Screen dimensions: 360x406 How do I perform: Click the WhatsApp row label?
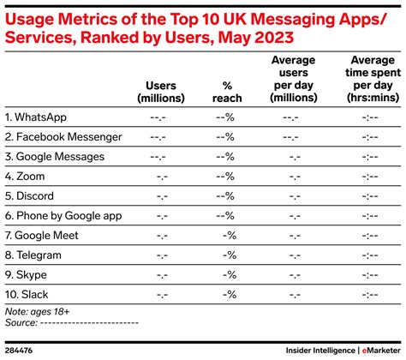(x=39, y=116)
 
